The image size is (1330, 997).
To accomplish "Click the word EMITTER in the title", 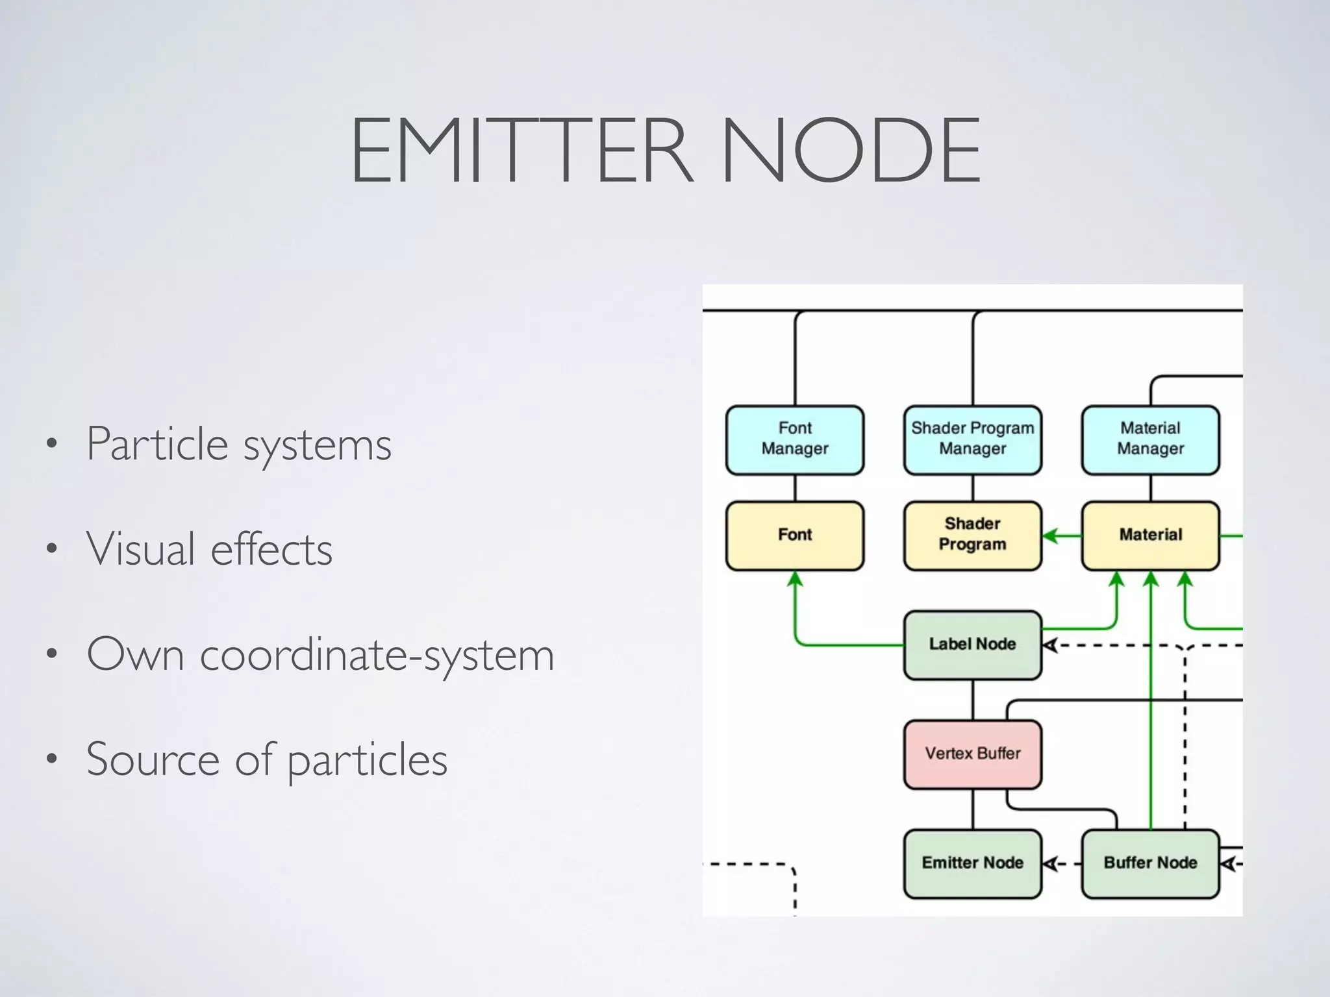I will pyautogui.click(x=520, y=151).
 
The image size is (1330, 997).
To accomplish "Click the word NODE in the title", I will pyautogui.click(x=851, y=151).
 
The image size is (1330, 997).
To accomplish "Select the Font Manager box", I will pyautogui.click(x=795, y=440).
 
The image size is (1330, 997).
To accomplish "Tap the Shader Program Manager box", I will pyautogui.click(x=972, y=440).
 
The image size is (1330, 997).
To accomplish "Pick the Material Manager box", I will pyautogui.click(x=1150, y=440).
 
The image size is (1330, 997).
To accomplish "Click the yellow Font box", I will pyautogui.click(x=795, y=535).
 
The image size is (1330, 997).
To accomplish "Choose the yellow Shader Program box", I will pyautogui.click(x=972, y=535).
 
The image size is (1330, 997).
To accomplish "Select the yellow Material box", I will pyautogui.click(x=1150, y=535).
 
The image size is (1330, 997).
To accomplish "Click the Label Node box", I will pyautogui.click(x=972, y=645).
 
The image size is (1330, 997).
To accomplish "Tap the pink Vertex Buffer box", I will pyautogui.click(x=972, y=754).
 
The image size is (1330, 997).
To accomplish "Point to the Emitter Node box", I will pyautogui.click(x=972, y=863).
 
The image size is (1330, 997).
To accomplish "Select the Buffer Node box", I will pyautogui.click(x=1150, y=863).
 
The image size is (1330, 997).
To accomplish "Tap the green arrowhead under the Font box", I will pyautogui.click(x=795, y=578).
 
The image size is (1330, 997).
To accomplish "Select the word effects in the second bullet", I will pyautogui.click(x=271, y=550).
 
